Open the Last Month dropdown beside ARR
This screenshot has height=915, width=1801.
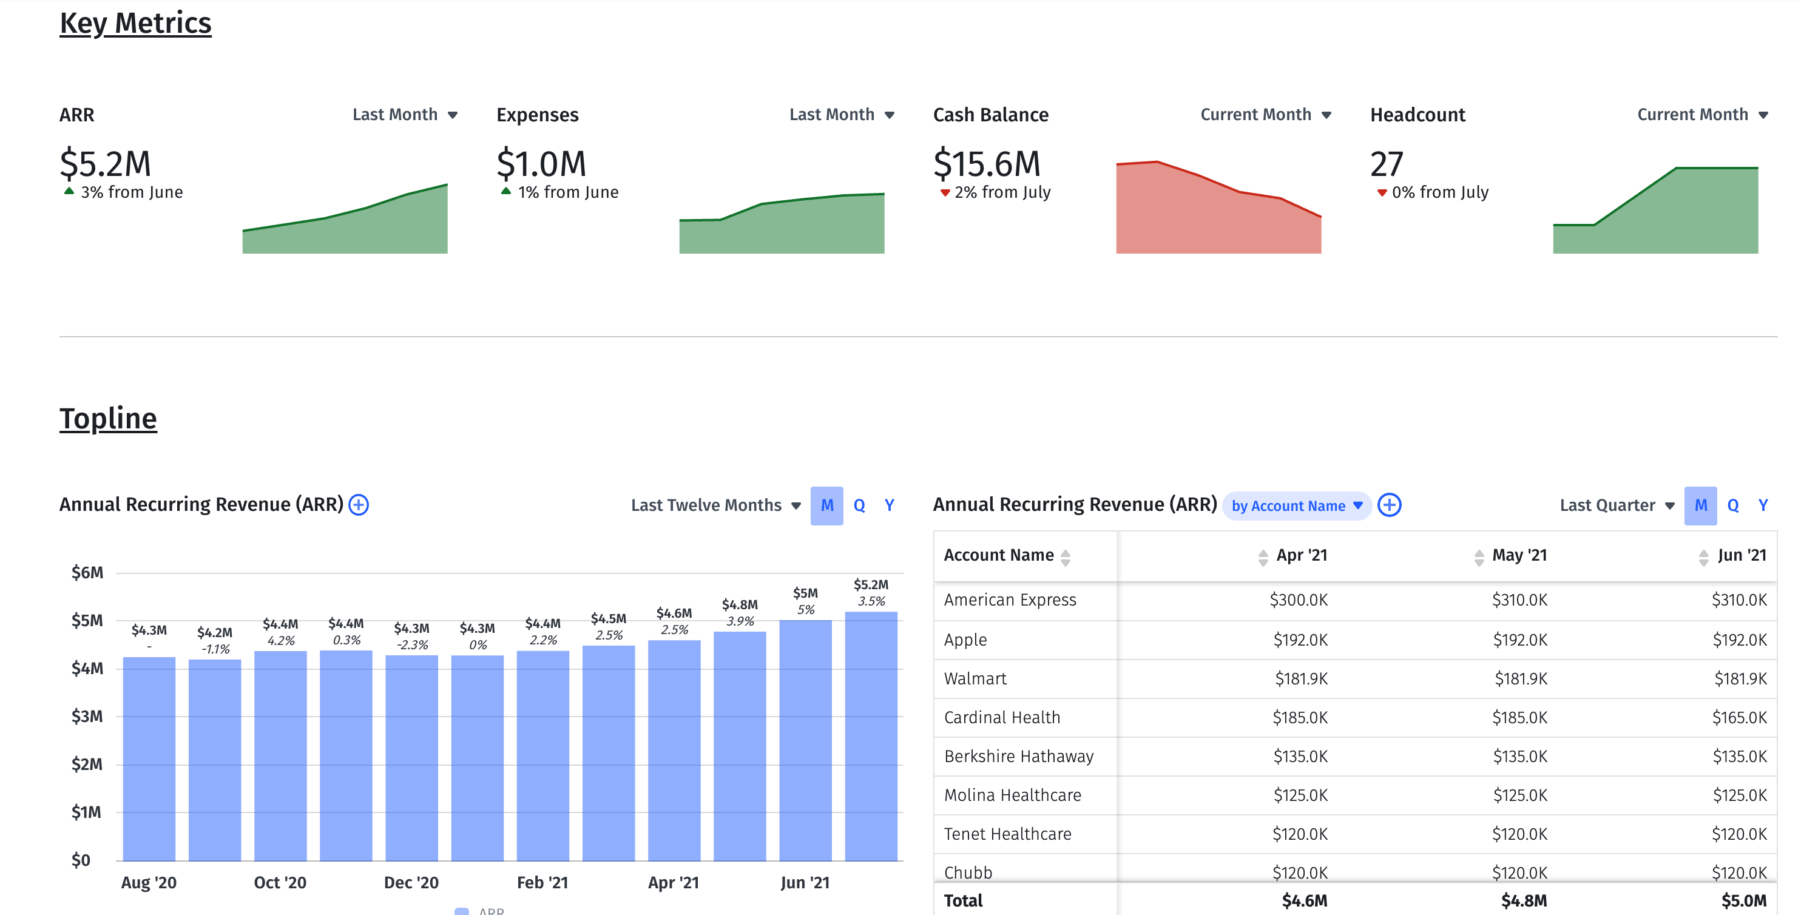tap(405, 115)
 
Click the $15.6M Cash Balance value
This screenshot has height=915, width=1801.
tap(987, 164)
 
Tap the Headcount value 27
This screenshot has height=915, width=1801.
tap(1387, 164)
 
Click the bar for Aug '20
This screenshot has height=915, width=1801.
tap(149, 758)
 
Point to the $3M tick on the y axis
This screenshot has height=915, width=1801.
tap(87, 717)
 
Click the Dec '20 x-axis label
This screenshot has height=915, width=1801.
tap(411, 883)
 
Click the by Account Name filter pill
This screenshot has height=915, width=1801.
tap(1296, 506)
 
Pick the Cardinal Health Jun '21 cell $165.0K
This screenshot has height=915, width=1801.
tap(1738, 718)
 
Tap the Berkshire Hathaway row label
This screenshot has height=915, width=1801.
tap(1018, 756)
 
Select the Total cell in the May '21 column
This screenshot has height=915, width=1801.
tap(1524, 901)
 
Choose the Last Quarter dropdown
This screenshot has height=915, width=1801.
tap(1616, 505)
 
